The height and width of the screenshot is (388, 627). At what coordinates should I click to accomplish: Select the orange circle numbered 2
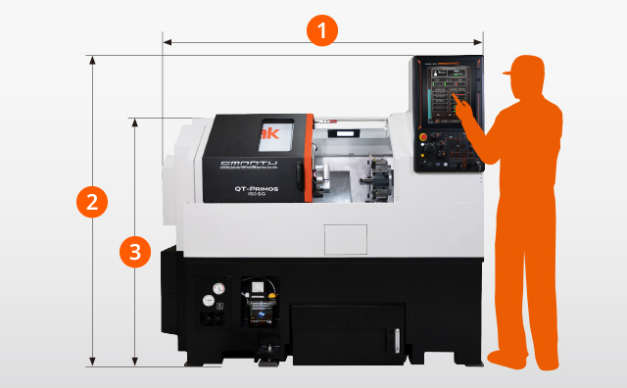pyautogui.click(x=91, y=203)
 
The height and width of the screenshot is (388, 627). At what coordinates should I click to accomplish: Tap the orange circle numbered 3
pyautogui.click(x=135, y=252)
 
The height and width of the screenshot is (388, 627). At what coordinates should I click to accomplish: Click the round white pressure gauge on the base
pyautogui.click(x=217, y=289)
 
